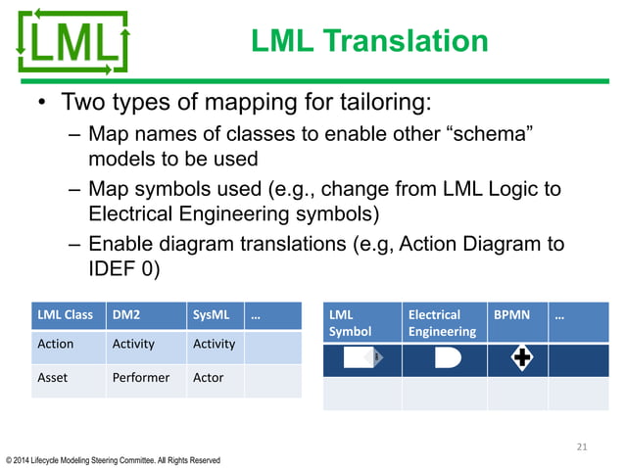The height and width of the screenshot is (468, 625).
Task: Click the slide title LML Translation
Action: pyautogui.click(x=368, y=41)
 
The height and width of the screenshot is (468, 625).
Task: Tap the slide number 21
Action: pyautogui.click(x=582, y=447)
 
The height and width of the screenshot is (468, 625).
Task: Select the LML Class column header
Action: pyautogui.click(x=65, y=315)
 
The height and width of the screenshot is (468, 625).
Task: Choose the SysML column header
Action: pyautogui.click(x=211, y=315)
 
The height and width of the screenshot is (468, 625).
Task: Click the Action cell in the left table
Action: pyautogui.click(x=56, y=344)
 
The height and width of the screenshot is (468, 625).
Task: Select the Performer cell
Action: pyautogui.click(x=141, y=377)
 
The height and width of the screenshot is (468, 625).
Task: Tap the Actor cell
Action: pyautogui.click(x=209, y=377)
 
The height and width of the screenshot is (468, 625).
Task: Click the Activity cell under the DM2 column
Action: pyautogui.click(x=133, y=344)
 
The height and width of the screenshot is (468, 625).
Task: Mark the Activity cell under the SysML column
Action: pyautogui.click(x=214, y=344)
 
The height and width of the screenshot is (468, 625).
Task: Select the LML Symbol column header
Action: pyautogui.click(x=350, y=323)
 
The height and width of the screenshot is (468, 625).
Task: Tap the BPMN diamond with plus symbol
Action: pyautogui.click(x=523, y=359)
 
